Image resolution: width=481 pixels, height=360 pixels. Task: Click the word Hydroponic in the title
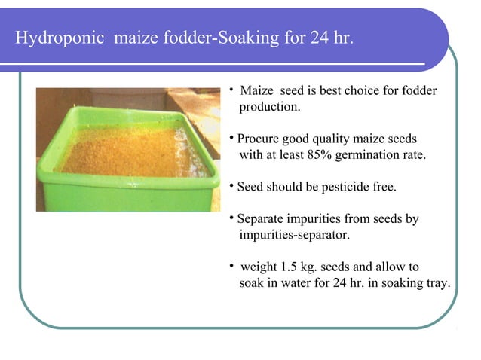pos(62,38)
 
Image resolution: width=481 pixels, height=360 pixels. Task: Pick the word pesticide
pos(347,187)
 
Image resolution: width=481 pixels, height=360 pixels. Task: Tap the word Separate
pos(260,219)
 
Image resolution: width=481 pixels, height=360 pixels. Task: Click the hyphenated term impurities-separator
pos(295,235)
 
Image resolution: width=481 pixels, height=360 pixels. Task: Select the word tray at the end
pos(438,283)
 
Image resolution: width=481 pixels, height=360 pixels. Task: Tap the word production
pos(270,107)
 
